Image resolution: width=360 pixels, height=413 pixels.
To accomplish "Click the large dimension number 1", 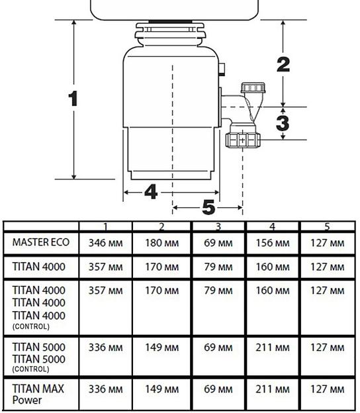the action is click(73, 99).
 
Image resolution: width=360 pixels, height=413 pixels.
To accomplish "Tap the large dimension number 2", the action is click(283, 65).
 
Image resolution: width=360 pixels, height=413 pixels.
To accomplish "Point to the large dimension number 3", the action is click(283, 123).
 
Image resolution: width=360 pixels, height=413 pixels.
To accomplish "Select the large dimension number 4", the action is click(151, 192).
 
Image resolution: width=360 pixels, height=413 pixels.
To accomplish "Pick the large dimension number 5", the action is click(208, 207).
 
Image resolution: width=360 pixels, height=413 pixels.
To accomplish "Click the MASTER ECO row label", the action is click(41, 242).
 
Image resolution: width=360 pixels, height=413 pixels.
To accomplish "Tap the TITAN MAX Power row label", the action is click(38, 394).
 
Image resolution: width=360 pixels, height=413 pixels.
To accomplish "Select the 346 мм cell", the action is click(106, 243).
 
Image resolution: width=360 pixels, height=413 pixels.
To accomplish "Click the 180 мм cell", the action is click(162, 243).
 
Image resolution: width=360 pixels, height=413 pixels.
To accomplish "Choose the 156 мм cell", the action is click(273, 243).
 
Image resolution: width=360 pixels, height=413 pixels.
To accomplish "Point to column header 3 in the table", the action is click(218, 227).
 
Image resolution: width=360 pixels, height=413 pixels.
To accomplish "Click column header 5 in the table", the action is click(327, 227).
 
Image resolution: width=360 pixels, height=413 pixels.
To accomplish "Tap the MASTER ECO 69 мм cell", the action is click(218, 243).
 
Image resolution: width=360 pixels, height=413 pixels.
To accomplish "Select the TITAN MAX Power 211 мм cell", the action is click(273, 389).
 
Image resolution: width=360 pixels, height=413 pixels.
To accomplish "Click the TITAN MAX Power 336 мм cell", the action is click(106, 389).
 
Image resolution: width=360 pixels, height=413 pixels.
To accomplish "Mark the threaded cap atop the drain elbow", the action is click(253, 88).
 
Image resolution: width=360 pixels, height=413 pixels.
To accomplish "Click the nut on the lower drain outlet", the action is click(243, 140).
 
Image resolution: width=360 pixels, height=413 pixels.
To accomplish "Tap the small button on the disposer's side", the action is click(222, 69).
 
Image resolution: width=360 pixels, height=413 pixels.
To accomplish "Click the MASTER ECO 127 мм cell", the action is click(328, 243).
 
